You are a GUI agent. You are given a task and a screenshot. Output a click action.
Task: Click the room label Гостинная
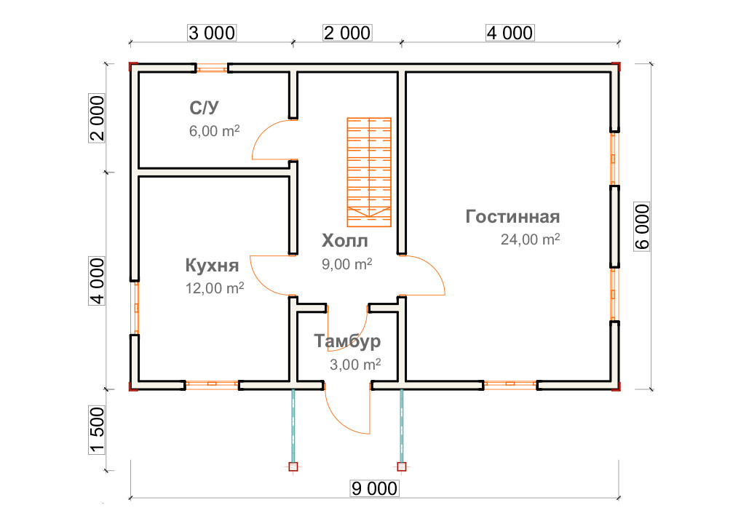[512, 216]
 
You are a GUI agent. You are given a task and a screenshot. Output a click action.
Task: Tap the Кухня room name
[212, 266]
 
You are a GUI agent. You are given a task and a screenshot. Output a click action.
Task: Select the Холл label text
[344, 241]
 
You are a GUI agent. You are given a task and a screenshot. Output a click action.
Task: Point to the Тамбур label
[347, 341]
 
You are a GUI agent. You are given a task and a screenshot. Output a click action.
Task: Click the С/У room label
[204, 108]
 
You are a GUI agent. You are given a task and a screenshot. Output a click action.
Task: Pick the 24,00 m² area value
[530, 239]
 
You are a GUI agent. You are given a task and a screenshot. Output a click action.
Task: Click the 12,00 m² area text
[215, 287]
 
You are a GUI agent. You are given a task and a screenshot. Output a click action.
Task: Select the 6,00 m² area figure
[215, 130]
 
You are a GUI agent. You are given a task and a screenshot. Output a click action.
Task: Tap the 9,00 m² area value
[347, 263]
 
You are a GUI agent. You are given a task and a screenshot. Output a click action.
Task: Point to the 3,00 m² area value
[355, 365]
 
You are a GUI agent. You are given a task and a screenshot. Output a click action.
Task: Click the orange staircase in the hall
[369, 172]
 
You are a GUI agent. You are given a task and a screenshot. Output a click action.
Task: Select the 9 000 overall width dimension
[374, 488]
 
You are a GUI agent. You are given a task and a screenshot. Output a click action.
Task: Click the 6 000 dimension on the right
[642, 227]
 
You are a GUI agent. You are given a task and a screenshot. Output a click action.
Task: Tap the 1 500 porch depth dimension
[97, 430]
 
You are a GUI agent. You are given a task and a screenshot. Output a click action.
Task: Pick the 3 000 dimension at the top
[212, 33]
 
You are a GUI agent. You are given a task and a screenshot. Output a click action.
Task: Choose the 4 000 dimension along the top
[510, 33]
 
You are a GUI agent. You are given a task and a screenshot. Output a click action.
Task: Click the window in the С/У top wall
[213, 68]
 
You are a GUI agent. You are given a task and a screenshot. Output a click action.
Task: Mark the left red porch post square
[293, 467]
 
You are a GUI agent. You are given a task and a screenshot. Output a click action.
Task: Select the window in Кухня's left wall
[135, 308]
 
